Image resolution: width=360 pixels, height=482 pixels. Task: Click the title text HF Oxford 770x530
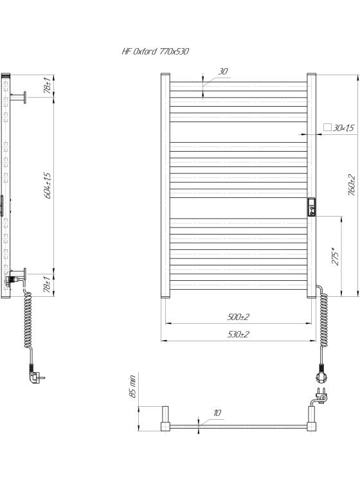(x=156, y=51)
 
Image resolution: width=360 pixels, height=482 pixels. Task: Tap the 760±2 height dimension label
(x=352, y=185)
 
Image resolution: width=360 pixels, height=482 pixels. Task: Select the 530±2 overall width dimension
(x=239, y=334)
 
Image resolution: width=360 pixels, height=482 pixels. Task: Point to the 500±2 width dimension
(x=239, y=317)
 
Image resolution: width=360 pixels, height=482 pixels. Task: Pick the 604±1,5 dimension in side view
(x=48, y=185)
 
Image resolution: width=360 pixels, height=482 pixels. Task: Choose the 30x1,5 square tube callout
(x=339, y=128)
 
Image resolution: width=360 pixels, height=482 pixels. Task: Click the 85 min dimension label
(x=132, y=386)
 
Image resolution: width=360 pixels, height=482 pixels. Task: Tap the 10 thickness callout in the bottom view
(x=217, y=413)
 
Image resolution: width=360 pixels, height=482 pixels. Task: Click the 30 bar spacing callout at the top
(x=223, y=71)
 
